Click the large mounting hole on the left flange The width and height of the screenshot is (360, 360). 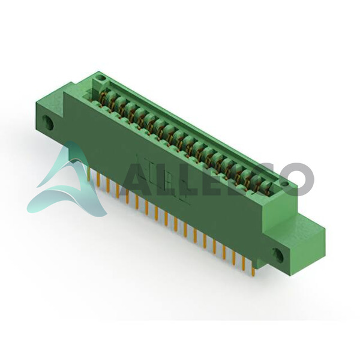click(48, 123)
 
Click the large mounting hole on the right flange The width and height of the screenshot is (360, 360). click(278, 254)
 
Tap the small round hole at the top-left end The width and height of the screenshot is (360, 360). click(101, 78)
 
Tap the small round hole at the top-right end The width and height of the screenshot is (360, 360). click(286, 184)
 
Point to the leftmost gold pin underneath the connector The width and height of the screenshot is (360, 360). click(89, 173)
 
